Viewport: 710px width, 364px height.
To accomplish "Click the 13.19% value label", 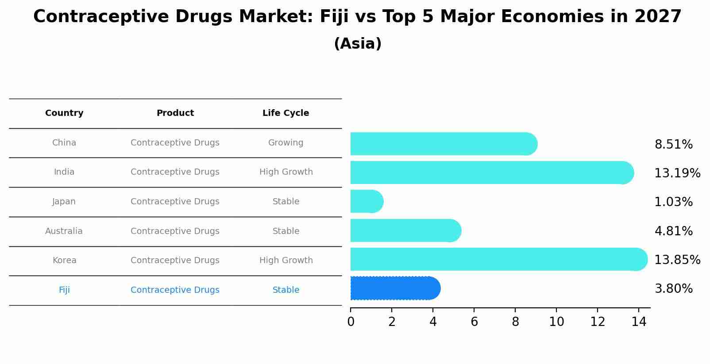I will pyautogui.click(x=677, y=173).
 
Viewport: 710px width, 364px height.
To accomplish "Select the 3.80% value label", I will pyautogui.click(x=673, y=289).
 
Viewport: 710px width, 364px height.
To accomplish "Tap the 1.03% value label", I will pyautogui.click(x=673, y=202).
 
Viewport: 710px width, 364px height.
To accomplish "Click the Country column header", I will pyautogui.click(x=64, y=113).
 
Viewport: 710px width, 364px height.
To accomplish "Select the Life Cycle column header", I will pyautogui.click(x=286, y=113).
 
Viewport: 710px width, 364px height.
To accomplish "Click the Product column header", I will pyautogui.click(x=175, y=113).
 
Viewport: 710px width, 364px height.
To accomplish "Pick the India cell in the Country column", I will pyautogui.click(x=64, y=172).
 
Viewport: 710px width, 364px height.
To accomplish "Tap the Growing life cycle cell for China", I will pyautogui.click(x=286, y=143).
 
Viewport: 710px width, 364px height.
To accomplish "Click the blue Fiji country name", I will pyautogui.click(x=64, y=290).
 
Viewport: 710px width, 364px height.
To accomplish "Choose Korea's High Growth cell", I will pyautogui.click(x=286, y=261).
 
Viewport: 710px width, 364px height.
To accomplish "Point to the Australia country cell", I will pyautogui.click(x=64, y=231).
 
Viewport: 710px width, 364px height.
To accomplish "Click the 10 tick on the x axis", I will pyautogui.click(x=556, y=322).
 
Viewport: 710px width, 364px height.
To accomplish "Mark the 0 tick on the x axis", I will pyautogui.click(x=351, y=322).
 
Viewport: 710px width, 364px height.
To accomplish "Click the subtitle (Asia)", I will pyautogui.click(x=357, y=44).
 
